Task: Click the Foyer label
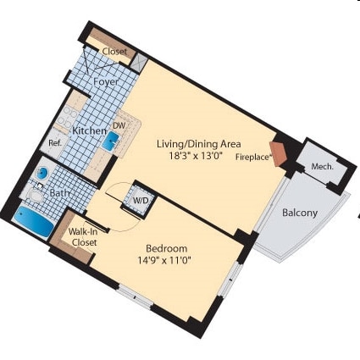pos(106,81)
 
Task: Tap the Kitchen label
pos(88,131)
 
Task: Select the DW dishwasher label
pos(119,125)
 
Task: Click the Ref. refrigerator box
pos(54,143)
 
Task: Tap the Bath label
pos(59,193)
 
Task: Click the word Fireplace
pos(252,158)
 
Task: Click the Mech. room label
pos(322,166)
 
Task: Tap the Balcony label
pos(300,213)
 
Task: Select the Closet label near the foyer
pos(114,52)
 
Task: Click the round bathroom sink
pos(42,174)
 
